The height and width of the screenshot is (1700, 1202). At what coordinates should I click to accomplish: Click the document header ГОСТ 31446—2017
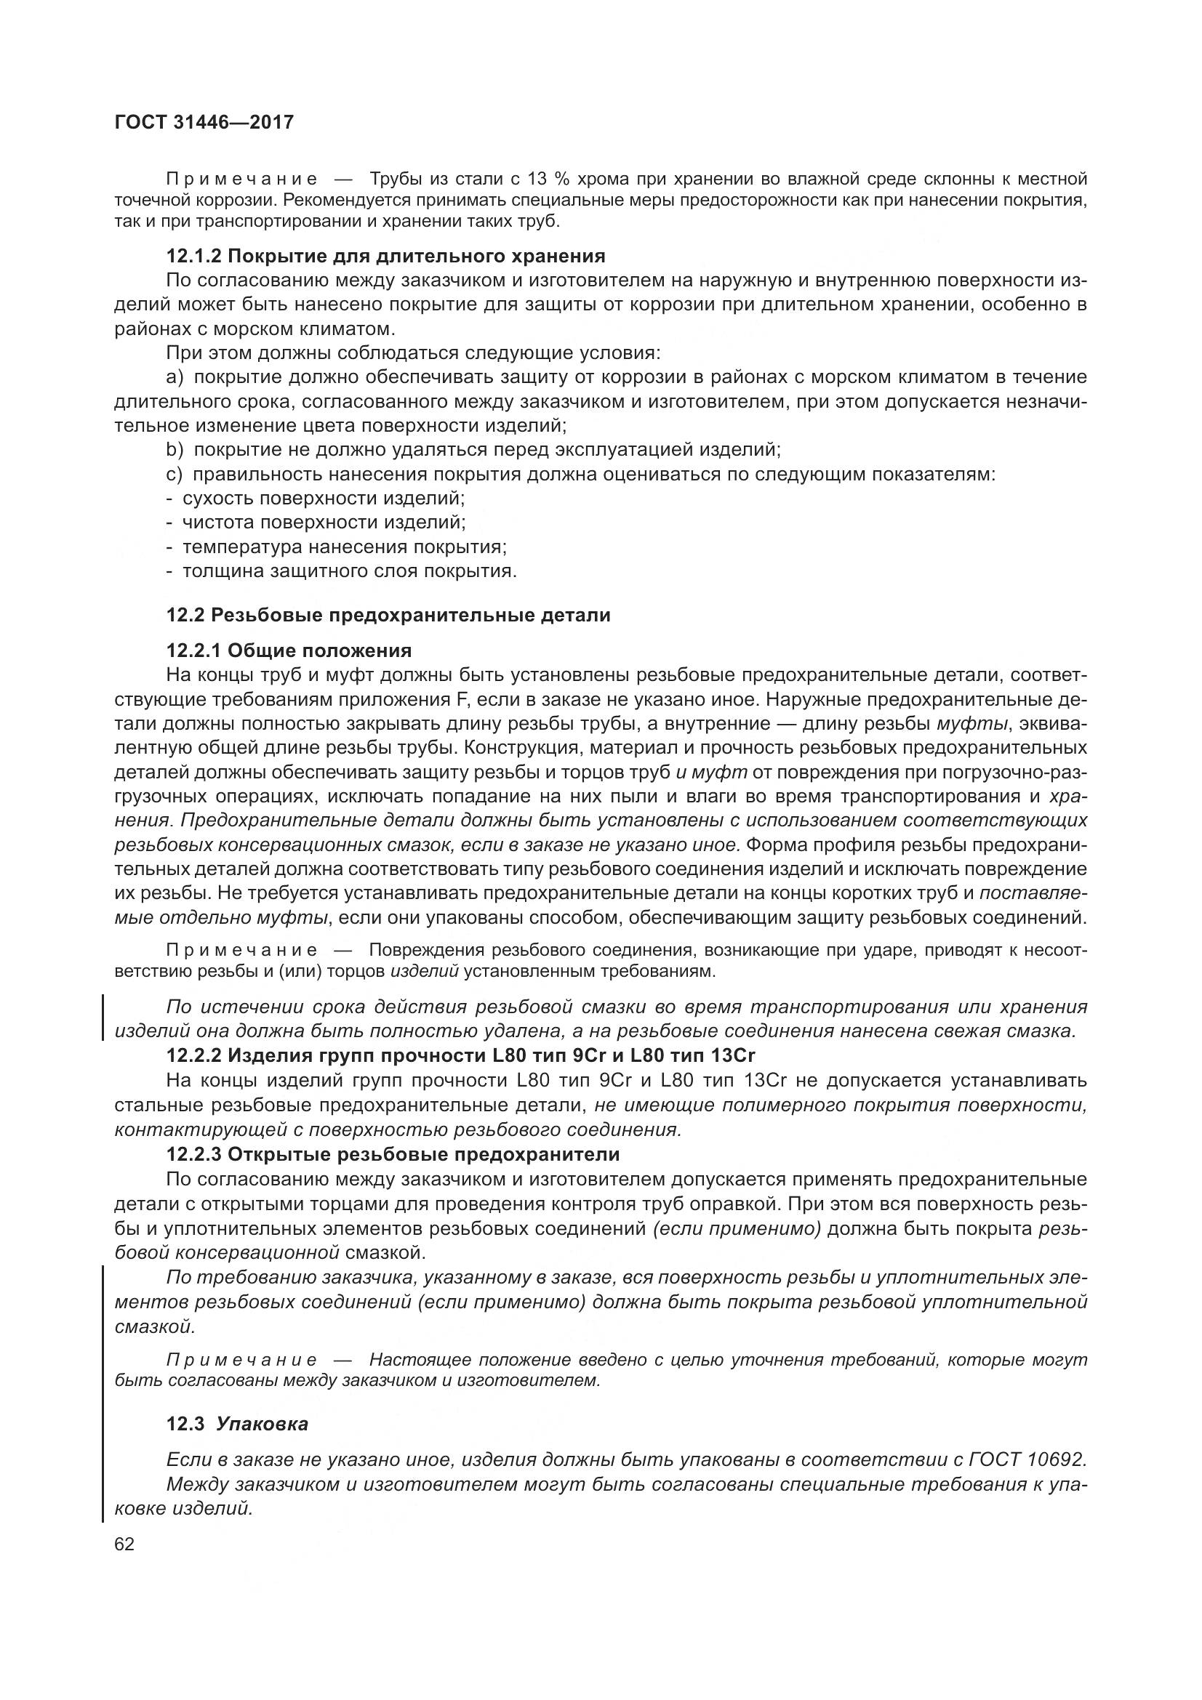tap(204, 122)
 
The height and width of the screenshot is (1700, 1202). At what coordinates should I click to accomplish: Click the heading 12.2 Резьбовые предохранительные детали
tap(388, 616)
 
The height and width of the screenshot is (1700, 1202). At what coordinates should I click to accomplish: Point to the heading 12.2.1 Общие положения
tap(289, 650)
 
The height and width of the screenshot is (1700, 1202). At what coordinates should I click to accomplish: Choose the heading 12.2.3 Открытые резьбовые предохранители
tap(393, 1154)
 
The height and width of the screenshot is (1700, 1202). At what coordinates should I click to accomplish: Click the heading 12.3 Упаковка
tap(237, 1424)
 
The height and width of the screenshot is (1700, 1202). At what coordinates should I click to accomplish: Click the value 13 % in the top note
tap(547, 180)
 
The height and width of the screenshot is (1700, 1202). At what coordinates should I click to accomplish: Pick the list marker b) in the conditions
tap(175, 449)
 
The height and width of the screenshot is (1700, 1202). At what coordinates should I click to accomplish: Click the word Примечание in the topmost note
tap(242, 180)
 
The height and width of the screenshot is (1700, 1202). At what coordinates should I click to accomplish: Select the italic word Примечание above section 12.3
tap(242, 1359)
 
